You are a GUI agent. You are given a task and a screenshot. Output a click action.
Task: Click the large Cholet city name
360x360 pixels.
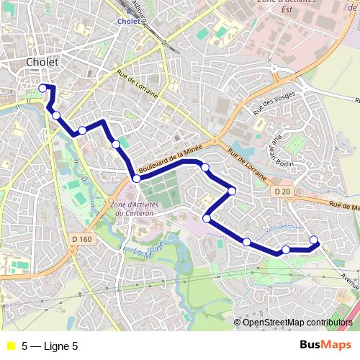(42, 63)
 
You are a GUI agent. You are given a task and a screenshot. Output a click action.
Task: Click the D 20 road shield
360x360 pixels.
(283, 192)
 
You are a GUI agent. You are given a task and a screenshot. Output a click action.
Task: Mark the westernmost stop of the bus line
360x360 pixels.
(42, 88)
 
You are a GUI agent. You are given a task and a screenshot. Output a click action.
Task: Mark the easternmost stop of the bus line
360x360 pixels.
(314, 240)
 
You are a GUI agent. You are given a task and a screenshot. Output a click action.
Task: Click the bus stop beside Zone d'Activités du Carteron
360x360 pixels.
(136, 179)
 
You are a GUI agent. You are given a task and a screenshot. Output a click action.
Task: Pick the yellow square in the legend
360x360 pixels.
(11, 346)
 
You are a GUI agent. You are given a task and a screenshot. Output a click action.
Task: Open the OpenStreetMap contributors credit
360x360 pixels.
(297, 323)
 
